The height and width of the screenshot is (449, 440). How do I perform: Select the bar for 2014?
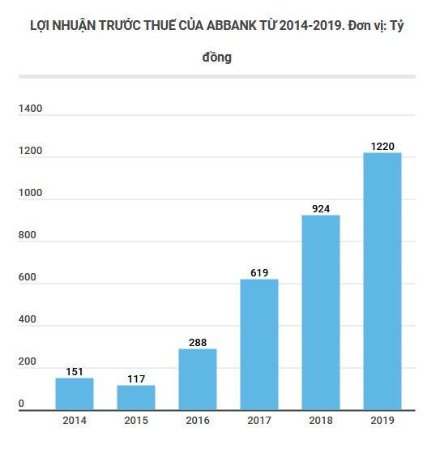tap(75, 395)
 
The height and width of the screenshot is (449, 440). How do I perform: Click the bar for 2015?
tap(136, 398)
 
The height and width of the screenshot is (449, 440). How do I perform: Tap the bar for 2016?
tap(198, 380)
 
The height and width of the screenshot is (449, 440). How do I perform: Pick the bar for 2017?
tap(259, 345)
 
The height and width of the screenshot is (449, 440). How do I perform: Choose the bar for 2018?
tap(321, 313)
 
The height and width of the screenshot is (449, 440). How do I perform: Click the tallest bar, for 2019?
tap(382, 282)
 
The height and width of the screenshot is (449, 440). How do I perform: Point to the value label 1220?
tap(382, 146)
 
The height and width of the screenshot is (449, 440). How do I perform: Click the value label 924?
tap(321, 208)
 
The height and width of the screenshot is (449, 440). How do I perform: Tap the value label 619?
tap(259, 272)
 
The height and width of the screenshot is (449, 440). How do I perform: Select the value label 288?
tap(198, 342)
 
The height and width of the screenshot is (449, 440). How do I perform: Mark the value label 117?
tap(136, 378)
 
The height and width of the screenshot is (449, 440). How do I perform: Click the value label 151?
tap(75, 371)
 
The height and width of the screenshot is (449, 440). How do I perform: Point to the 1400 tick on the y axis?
tap(31, 109)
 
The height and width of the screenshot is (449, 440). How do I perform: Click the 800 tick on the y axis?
tap(28, 235)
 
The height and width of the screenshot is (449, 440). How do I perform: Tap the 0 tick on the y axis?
tap(22, 404)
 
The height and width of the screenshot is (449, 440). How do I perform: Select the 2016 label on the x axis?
tap(198, 421)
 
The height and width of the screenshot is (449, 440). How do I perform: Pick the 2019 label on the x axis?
tap(382, 421)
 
